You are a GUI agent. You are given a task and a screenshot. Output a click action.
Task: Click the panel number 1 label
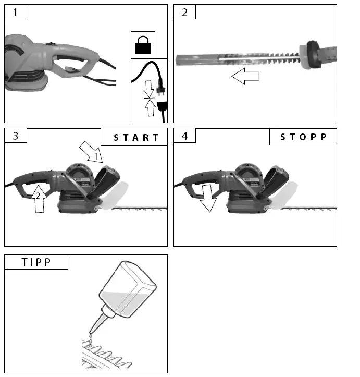click(x=16, y=13)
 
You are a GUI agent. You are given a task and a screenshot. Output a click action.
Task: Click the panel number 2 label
click(x=184, y=13)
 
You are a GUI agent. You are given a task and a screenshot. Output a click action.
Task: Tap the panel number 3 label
click(x=16, y=136)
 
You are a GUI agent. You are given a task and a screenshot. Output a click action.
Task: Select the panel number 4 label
click(x=184, y=136)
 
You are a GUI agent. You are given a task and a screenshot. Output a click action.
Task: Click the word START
click(x=136, y=138)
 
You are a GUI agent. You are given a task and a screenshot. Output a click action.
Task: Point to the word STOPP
click(x=303, y=138)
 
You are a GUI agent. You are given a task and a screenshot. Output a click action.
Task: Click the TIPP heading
click(x=36, y=262)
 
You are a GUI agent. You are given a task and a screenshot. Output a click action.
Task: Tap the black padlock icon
click(x=144, y=46)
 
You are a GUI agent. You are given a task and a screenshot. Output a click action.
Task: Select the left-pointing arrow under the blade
click(x=245, y=77)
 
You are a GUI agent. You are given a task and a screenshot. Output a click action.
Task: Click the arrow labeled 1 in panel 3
click(x=92, y=151)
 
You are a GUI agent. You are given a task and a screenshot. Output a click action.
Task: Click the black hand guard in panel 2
click(x=313, y=55)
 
